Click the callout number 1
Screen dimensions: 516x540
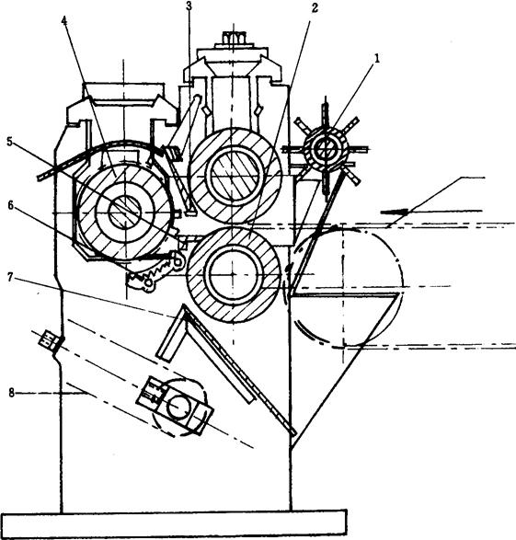tap(377, 59)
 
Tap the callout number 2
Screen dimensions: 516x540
tap(315, 8)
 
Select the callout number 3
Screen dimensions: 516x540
tap(189, 6)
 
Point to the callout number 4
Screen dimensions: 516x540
tap(64, 20)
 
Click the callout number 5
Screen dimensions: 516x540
tap(10, 142)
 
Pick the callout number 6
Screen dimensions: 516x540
tap(11, 205)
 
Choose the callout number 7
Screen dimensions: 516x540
tap(11, 277)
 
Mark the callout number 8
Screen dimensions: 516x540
tap(12, 392)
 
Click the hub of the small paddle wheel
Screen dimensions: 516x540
tap(325, 149)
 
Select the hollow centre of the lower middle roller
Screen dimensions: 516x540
tap(233, 274)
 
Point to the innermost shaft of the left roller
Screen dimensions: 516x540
tap(124, 213)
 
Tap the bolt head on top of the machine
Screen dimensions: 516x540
tap(234, 37)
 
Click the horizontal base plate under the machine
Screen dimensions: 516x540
tap(173, 523)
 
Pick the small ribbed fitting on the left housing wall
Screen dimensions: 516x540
tap(49, 339)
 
